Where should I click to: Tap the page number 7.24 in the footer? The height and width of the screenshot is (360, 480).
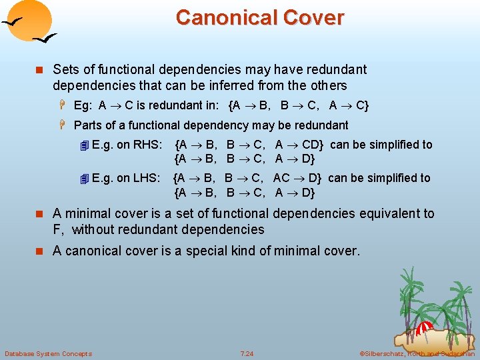pyautogui.click(x=247, y=353)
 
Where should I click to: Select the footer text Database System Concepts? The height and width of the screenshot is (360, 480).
pyautogui.click(x=48, y=353)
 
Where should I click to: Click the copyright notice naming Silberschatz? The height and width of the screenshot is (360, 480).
pyautogui.click(x=417, y=353)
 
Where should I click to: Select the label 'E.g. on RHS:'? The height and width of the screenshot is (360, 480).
pyautogui.click(x=127, y=145)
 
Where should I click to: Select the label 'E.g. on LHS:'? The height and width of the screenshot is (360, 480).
pyautogui.click(x=126, y=178)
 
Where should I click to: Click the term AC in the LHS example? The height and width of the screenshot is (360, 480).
pyautogui.click(x=281, y=178)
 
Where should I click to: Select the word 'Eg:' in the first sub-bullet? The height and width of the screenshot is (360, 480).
pyautogui.click(x=83, y=105)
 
